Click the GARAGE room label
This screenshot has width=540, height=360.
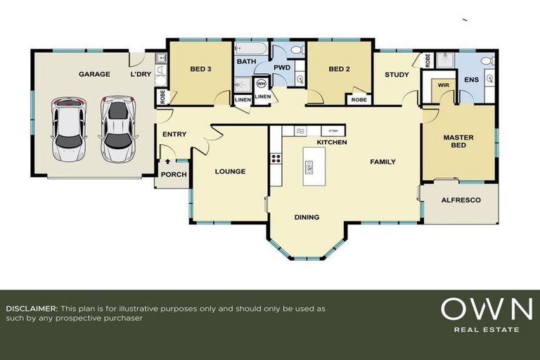(x=94, y=74)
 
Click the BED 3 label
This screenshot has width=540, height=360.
(x=200, y=69)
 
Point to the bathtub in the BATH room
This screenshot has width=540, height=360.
(x=251, y=49)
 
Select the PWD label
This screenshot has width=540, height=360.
(x=282, y=67)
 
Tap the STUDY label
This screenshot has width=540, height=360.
(x=397, y=74)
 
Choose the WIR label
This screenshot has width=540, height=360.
(x=443, y=84)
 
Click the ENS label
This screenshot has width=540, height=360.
(x=471, y=80)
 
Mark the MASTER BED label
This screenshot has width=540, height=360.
(x=458, y=141)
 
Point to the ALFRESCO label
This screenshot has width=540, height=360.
(x=461, y=200)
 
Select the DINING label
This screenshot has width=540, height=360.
(x=307, y=217)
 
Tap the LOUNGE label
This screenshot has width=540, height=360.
(x=230, y=171)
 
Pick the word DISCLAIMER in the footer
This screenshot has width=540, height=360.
(x=32, y=309)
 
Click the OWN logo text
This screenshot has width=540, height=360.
(x=486, y=309)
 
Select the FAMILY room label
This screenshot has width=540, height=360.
(x=383, y=162)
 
